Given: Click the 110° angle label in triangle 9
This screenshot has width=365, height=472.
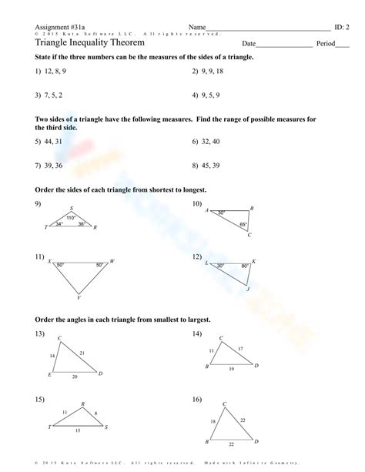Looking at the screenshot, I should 70,218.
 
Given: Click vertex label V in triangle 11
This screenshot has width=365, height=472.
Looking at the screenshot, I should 79,299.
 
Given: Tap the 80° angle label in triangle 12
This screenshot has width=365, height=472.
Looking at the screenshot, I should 245,266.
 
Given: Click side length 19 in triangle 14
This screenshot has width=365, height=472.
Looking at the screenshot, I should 233,370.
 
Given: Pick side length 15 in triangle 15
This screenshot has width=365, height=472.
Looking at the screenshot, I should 78,431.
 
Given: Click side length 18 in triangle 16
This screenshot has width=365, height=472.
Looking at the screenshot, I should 213,422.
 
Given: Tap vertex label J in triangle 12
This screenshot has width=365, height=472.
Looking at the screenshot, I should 248,290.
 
